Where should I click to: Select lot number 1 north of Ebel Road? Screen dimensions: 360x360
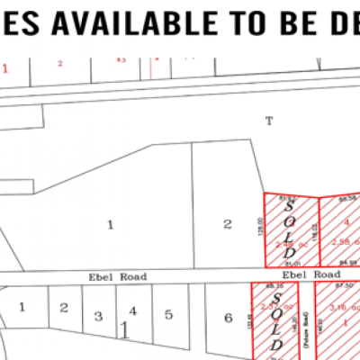point(110,225)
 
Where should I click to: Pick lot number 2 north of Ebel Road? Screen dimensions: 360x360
point(228,223)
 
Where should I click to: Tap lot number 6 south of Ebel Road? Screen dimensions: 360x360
point(228,317)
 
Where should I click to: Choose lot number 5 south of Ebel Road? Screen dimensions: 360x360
point(167,315)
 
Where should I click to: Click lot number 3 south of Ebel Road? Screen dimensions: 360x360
point(97,317)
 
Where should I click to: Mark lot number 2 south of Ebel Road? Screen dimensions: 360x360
point(63,309)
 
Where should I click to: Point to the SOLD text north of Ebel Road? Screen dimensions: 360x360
point(289,229)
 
